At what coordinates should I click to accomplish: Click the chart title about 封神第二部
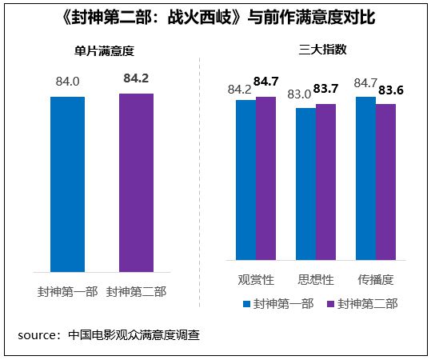(215, 17)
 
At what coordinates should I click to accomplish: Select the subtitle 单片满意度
(98, 50)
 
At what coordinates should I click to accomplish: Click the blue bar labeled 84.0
(67, 184)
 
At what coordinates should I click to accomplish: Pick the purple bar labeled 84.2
(136, 183)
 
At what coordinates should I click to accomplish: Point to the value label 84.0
(67, 81)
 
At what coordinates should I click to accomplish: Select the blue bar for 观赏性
(245, 180)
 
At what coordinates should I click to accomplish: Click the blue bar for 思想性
(305, 184)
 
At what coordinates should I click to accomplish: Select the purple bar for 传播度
(385, 182)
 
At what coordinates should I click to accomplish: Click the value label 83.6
(389, 90)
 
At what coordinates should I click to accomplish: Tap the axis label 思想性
(315, 281)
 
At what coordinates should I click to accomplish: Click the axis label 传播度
(375, 281)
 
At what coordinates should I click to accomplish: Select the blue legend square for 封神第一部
(246, 304)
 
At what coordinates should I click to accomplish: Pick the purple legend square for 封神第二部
(329, 304)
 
